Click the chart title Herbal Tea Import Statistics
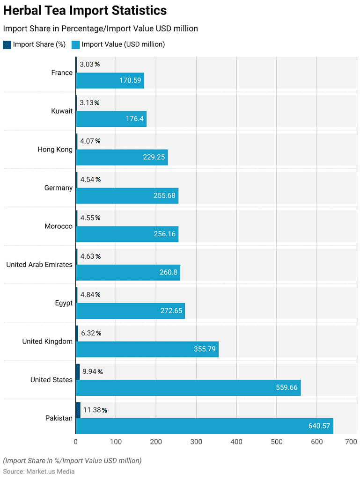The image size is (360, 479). tap(85, 10)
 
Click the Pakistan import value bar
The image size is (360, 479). tap(204, 426)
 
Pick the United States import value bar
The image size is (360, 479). tap(188, 387)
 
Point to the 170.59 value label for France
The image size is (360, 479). tap(130, 80)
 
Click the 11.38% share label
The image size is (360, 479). tap(95, 410)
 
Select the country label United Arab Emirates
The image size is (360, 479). tap(39, 265)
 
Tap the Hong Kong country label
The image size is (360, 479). tap(55, 150)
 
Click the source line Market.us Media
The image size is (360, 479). tap(39, 472)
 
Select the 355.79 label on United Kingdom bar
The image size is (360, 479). tap(205, 349)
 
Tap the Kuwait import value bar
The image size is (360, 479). tap(111, 119)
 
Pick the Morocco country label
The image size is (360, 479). tap(59, 226)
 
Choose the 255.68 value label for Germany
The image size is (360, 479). tap(164, 196)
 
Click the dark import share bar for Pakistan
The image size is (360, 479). tap(78, 410)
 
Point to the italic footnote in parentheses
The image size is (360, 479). tap(72, 461)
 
